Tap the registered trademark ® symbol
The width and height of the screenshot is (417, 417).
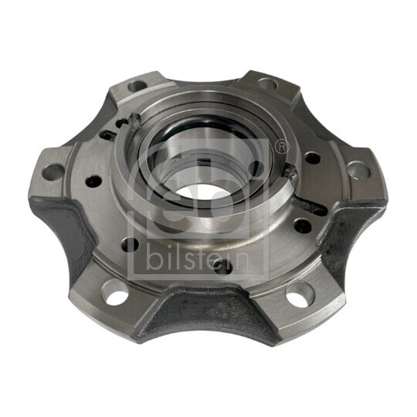tap(281, 147)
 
